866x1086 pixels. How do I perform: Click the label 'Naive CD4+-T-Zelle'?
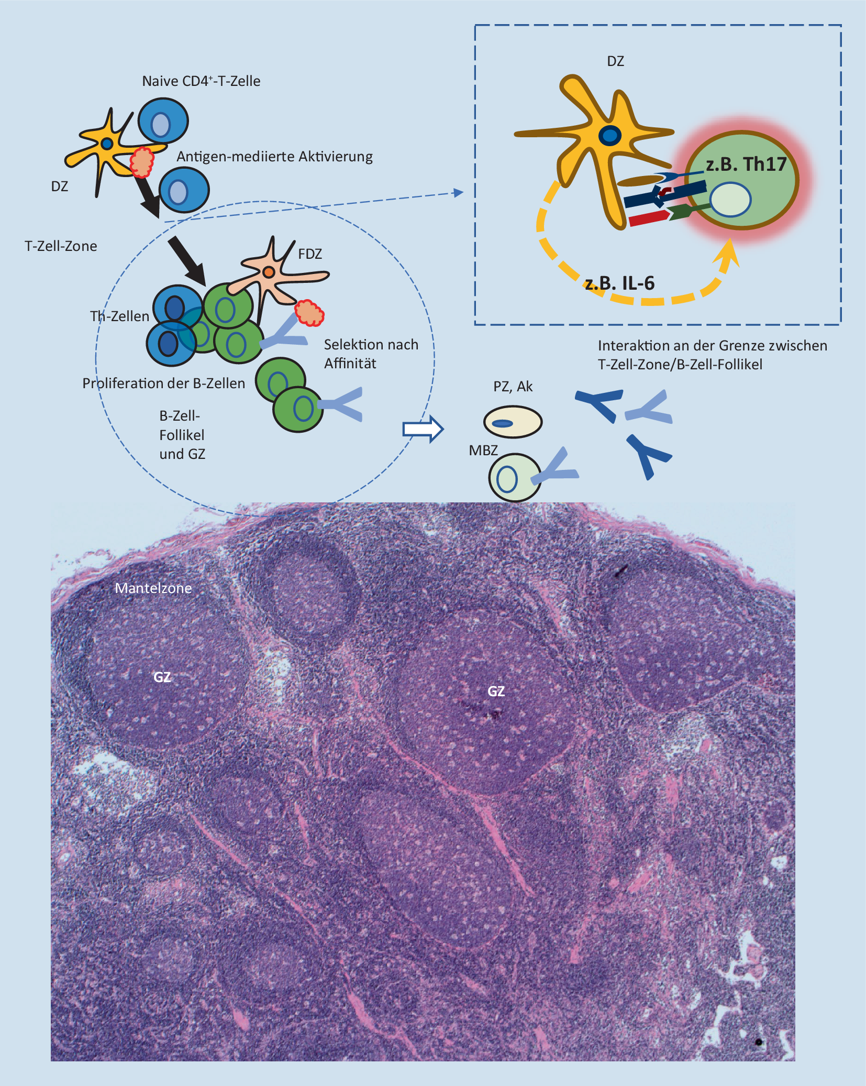tap(201, 81)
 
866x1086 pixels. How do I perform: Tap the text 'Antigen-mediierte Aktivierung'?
tap(274, 157)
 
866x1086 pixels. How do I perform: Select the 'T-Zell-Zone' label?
tap(61, 246)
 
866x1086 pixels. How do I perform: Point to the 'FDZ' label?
tap(310, 254)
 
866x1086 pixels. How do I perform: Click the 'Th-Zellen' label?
tap(119, 316)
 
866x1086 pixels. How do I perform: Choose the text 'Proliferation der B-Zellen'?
tap(163, 383)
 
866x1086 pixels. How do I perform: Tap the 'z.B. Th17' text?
tap(746, 164)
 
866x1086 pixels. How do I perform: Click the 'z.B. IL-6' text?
tap(620, 283)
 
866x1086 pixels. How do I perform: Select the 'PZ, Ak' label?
tap(513, 387)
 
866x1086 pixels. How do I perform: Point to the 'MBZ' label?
tap(483, 451)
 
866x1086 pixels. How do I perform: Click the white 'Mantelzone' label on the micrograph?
tap(153, 588)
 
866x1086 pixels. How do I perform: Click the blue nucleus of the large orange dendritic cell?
tap(609, 136)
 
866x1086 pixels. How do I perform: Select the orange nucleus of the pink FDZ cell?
tap(269, 272)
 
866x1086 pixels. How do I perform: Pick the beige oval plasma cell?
tap(513, 422)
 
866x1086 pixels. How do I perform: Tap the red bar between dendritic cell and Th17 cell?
tap(648, 218)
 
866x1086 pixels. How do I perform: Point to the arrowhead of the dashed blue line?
tap(459, 193)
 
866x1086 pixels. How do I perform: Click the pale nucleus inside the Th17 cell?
tap(730, 200)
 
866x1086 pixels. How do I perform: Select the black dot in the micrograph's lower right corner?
tap(758, 1042)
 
